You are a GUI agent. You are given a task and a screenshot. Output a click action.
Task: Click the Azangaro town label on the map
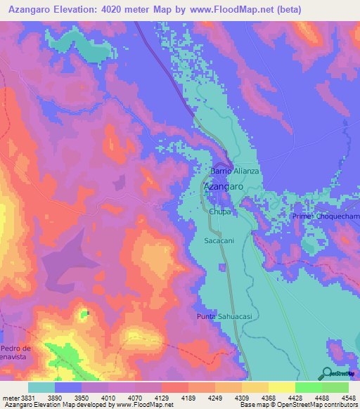224,188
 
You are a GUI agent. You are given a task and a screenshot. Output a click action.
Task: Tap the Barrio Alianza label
236,171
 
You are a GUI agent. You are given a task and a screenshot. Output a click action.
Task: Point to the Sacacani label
219,240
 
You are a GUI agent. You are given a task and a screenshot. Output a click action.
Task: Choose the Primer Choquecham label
326,218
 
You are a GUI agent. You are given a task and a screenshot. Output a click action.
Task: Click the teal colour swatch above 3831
41,387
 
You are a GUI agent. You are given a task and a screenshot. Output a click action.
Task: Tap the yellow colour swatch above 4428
281,387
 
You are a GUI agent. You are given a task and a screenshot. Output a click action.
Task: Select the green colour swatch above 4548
335,387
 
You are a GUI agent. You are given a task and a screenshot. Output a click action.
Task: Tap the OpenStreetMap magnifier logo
326,374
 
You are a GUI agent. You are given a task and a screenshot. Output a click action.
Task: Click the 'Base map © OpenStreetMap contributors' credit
298,405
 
